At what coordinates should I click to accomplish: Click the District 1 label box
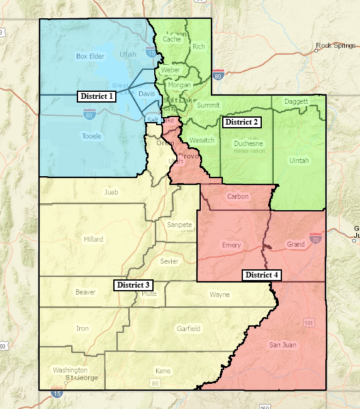(x=97, y=96)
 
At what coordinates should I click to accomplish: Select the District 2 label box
(x=242, y=121)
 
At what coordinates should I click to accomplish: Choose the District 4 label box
(x=262, y=275)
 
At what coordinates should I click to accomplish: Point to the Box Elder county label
(x=89, y=56)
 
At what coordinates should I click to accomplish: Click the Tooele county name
(x=91, y=136)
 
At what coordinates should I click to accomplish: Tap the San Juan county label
(x=283, y=345)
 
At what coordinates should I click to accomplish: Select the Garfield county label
(x=188, y=328)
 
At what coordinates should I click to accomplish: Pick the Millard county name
(x=93, y=239)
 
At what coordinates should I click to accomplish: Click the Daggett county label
(x=296, y=101)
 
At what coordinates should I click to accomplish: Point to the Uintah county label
(x=299, y=160)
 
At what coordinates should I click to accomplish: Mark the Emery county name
(x=232, y=245)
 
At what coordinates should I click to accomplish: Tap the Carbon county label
(x=238, y=196)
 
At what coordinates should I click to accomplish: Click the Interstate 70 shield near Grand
(x=315, y=238)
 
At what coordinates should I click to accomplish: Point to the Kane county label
(x=163, y=371)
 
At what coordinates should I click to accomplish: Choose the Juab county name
(x=111, y=193)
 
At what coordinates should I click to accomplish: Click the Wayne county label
(x=220, y=294)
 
